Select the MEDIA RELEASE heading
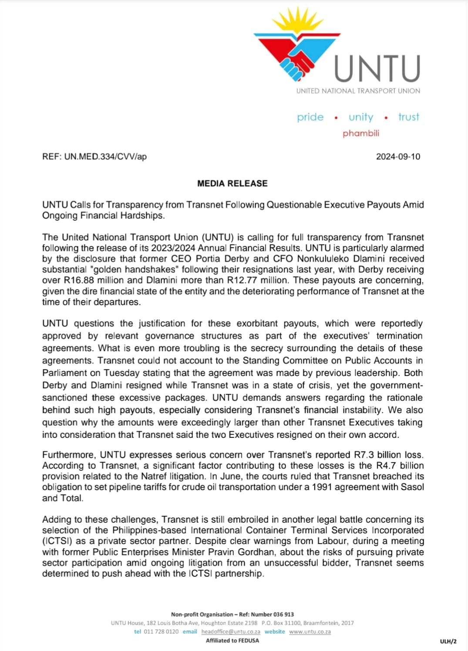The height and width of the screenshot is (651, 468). [x=232, y=184]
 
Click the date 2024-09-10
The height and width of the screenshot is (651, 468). [x=398, y=157]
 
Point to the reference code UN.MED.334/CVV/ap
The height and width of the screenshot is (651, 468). [x=105, y=157]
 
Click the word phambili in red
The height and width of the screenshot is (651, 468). [x=361, y=133]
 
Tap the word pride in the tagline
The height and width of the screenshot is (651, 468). [x=310, y=117]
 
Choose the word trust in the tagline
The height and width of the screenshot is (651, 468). [x=408, y=117]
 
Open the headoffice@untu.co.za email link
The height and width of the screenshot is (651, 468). [x=231, y=631]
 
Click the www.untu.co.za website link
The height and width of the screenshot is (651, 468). [x=310, y=631]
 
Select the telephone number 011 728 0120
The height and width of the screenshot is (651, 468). [x=161, y=631]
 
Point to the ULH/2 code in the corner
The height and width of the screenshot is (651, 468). [x=448, y=641]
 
